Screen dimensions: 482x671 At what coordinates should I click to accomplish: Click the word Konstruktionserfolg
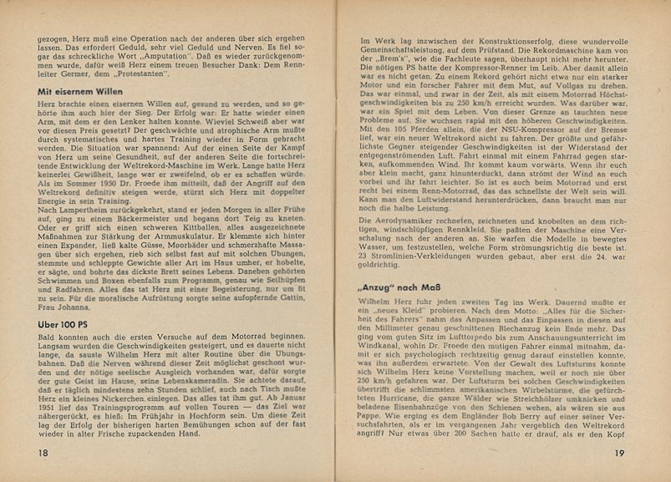pos(493,42)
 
